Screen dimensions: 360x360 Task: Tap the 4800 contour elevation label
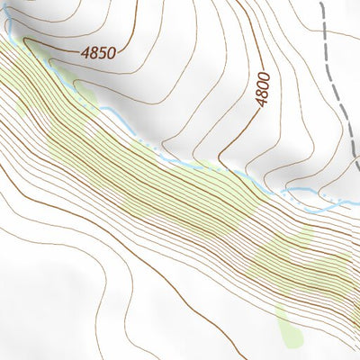(x=262, y=90)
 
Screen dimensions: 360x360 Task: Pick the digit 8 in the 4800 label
(x=262, y=95)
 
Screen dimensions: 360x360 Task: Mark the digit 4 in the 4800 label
(x=262, y=103)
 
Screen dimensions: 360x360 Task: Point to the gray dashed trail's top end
(x=321, y=2)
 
